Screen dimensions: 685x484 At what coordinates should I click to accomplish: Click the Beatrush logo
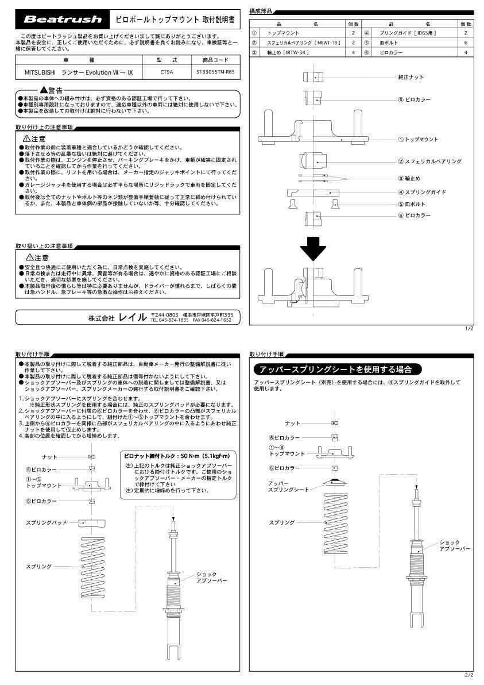click(62, 20)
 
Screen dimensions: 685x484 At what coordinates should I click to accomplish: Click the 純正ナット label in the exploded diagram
click(411, 76)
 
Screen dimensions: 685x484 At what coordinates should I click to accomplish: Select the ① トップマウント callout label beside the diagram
click(417, 140)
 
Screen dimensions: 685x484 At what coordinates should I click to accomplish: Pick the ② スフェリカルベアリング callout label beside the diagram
click(429, 162)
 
